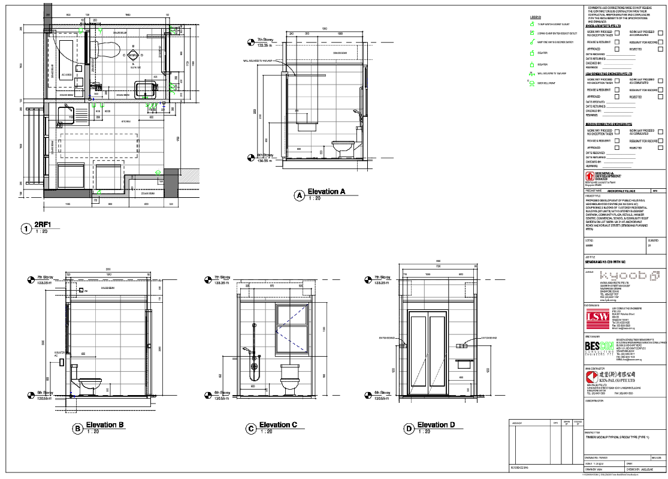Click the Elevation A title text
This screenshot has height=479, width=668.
(327, 192)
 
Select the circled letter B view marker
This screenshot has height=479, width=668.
(77, 428)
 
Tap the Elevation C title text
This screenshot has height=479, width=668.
(278, 425)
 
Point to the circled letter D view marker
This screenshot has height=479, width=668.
(409, 428)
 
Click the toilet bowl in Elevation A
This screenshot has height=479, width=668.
(341, 146)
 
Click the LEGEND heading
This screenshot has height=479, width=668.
(536, 17)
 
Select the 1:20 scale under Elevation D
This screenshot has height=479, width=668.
(424, 432)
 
